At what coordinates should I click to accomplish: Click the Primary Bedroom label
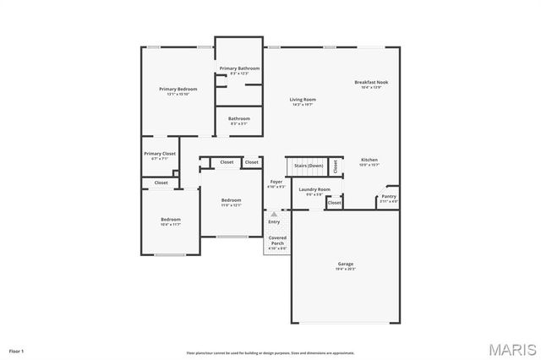tap(178, 89)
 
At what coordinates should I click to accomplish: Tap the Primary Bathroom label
tap(239, 68)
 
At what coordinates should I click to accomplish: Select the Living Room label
tap(303, 99)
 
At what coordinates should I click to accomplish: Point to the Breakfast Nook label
tap(371, 82)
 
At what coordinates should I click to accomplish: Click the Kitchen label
tap(369, 160)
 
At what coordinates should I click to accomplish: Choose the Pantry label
tap(388, 196)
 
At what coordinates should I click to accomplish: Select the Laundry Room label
tap(314, 189)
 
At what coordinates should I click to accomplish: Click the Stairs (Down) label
tap(309, 166)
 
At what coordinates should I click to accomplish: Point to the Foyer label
tap(276, 182)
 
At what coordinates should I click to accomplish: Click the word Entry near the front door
tap(274, 221)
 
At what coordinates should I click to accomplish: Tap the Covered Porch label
tap(277, 241)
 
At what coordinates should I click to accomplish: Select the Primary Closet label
tap(160, 154)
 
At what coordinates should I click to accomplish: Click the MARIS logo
tap(510, 347)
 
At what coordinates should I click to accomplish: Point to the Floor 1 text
tap(17, 350)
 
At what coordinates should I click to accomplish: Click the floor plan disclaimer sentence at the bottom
tap(270, 352)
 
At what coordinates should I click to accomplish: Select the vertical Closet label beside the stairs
tap(336, 166)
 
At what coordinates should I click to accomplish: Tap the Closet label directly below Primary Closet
tap(161, 183)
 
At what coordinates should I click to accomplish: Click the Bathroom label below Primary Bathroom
tap(238, 119)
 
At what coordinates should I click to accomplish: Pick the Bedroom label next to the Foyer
tap(231, 200)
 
